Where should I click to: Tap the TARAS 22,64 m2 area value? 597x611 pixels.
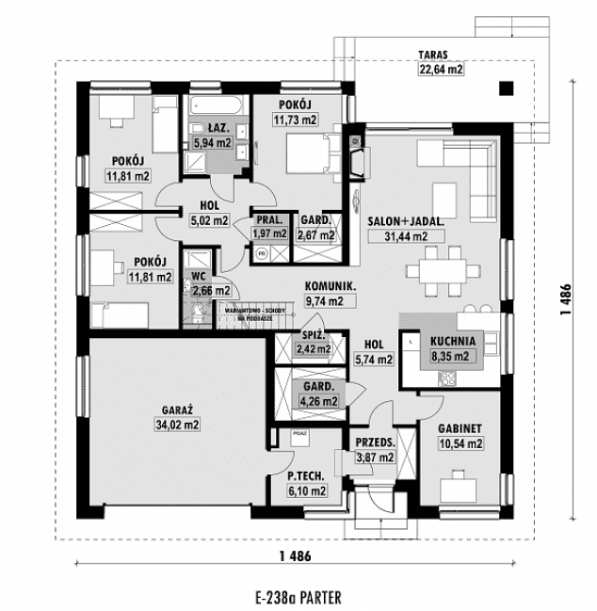pyautogui.click(x=441, y=68)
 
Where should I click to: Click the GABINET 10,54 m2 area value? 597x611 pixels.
pyautogui.click(x=460, y=443)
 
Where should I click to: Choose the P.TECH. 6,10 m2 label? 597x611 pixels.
pyautogui.click(x=307, y=484)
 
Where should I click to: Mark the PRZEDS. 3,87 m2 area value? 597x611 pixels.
pyautogui.click(x=377, y=458)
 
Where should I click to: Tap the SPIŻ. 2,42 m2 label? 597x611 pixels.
pyautogui.click(x=314, y=342)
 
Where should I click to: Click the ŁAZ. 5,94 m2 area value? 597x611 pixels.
pyautogui.click(x=212, y=143)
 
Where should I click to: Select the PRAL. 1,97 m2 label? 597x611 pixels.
pyautogui.click(x=269, y=226)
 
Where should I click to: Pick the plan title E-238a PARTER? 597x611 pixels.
pyautogui.click(x=298, y=596)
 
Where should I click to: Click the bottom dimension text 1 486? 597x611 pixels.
pyautogui.click(x=295, y=555)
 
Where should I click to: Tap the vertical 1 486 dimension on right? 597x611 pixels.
pyautogui.click(x=565, y=295)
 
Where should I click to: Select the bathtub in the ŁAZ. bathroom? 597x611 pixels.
pyautogui.click(x=216, y=105)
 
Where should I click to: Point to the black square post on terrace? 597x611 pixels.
pyautogui.click(x=507, y=89)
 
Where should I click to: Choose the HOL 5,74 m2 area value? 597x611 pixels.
pyautogui.click(x=374, y=358)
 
